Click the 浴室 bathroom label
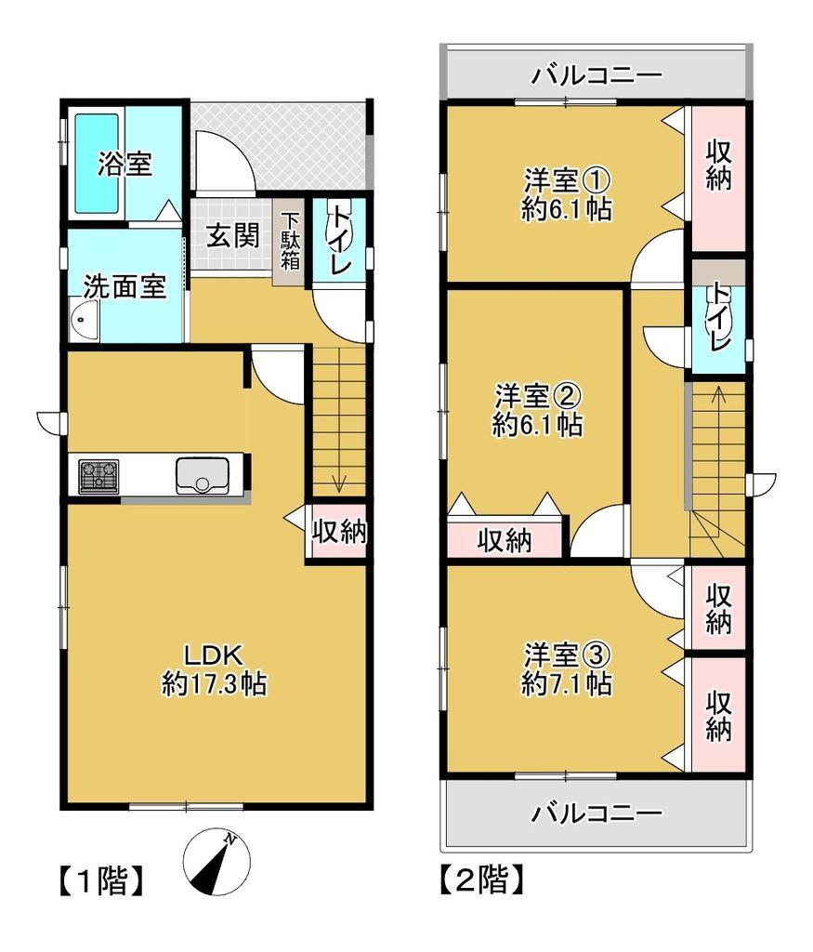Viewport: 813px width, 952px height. click(x=125, y=164)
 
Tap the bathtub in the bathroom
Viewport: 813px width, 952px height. click(x=97, y=164)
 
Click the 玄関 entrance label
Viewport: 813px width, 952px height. click(x=233, y=235)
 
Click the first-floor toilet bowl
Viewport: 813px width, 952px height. click(x=335, y=227)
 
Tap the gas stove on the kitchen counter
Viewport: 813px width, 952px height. click(x=98, y=477)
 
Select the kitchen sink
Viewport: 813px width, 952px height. click(x=202, y=476)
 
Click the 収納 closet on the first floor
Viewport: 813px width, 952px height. click(x=338, y=531)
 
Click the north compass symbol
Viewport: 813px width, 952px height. click(x=216, y=863)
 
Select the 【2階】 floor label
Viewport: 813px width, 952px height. click(x=481, y=879)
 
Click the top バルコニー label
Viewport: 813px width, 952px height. click(x=597, y=76)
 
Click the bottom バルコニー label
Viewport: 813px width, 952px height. click(x=597, y=813)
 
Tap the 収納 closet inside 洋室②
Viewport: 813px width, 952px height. click(x=505, y=539)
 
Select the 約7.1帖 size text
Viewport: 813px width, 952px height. click(x=567, y=685)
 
